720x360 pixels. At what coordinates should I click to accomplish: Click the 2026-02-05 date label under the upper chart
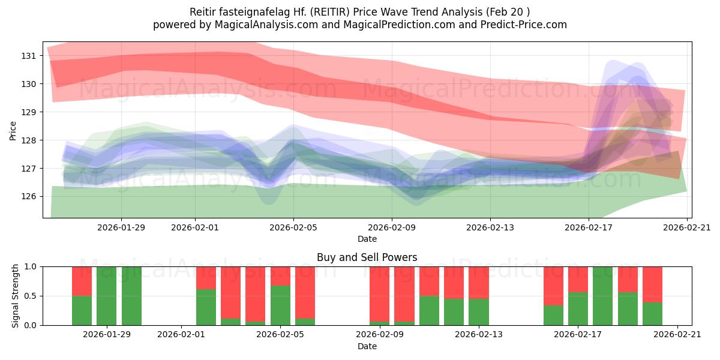click(x=293, y=227)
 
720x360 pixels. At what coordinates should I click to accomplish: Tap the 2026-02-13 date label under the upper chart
click(x=490, y=227)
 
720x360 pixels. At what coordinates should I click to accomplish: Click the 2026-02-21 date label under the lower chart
click(x=677, y=334)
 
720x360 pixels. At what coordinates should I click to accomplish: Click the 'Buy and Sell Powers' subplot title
click(x=367, y=257)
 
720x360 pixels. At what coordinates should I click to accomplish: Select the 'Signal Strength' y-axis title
click(x=16, y=295)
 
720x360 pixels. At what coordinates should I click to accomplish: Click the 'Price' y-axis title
click(x=13, y=130)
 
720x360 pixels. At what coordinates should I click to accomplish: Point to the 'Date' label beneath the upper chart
click(x=367, y=239)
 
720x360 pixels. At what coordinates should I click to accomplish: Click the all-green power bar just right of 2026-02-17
click(x=602, y=296)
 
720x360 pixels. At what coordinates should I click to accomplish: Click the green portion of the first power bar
click(x=82, y=310)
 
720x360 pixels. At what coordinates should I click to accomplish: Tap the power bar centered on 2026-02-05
click(x=280, y=296)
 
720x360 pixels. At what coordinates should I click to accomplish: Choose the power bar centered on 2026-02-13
click(x=479, y=296)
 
